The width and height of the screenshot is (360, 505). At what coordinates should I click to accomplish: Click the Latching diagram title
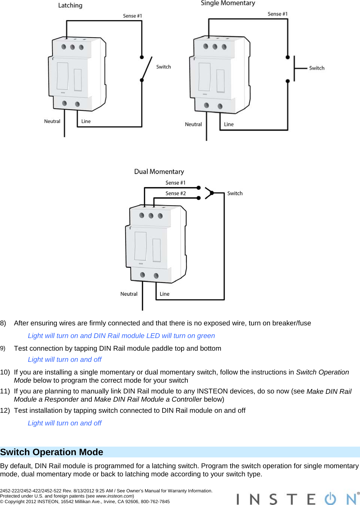pyautogui.click(x=70, y=6)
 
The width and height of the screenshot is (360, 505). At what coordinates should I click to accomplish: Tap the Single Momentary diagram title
pyautogui.click(x=228, y=3)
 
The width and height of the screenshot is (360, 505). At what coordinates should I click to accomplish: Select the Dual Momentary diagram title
pyautogui.click(x=159, y=172)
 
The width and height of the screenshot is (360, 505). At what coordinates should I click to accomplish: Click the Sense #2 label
pyautogui.click(x=175, y=193)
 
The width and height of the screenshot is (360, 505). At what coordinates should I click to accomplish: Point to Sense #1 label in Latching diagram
pyautogui.click(x=132, y=16)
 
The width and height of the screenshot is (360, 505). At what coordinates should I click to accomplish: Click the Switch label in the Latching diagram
pyautogui.click(x=163, y=67)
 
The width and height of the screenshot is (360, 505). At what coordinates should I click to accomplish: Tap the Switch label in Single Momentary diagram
pyautogui.click(x=316, y=68)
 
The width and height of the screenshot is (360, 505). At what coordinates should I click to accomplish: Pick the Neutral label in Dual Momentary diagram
pyautogui.click(x=129, y=294)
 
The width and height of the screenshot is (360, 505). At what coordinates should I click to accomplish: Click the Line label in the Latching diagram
pyautogui.click(x=86, y=122)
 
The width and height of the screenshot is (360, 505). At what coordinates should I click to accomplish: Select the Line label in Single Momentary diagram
pyautogui.click(x=229, y=125)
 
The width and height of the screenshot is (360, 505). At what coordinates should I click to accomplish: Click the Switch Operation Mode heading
pyautogui.click(x=52, y=452)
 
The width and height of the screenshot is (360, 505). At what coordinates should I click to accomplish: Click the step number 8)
pyautogui.click(x=3, y=323)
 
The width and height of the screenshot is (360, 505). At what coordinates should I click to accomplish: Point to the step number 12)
pyautogui.click(x=5, y=411)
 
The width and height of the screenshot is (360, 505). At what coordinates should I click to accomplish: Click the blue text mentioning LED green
pyautogui.click(x=121, y=336)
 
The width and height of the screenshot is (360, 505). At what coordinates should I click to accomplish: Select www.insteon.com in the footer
pyautogui.click(x=114, y=496)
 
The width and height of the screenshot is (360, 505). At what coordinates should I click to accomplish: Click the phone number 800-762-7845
pyautogui.click(x=155, y=502)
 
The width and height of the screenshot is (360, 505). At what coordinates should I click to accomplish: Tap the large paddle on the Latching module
pyautogui.click(x=62, y=76)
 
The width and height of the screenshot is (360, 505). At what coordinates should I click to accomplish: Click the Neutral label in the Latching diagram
pyautogui.click(x=52, y=122)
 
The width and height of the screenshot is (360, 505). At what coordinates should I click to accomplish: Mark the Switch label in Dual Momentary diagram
pyautogui.click(x=235, y=193)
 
